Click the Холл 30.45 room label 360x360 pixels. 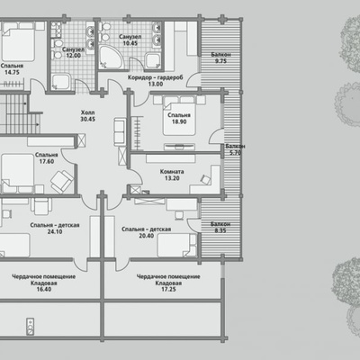click(87, 116)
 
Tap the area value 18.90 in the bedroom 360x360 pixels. click(179, 121)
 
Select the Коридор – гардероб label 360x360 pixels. click(156, 77)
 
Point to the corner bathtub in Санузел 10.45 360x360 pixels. click(110, 57)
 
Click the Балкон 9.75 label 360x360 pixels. click(220, 58)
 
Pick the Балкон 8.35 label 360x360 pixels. click(220, 228)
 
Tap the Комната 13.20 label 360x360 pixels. click(172, 175)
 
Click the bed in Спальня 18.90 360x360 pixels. click(179, 116)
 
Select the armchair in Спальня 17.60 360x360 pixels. click(62, 181)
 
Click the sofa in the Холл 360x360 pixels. click(120, 132)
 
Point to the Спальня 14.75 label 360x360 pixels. click(12, 69)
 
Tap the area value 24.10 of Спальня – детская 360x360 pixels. click(55, 231)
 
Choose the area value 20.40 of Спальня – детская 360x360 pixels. click(147, 236)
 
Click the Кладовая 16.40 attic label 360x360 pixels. click(44, 283)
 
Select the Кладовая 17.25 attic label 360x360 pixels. click(168, 283)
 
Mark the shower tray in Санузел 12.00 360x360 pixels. click(61, 82)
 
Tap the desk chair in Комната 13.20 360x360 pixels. click(205, 179)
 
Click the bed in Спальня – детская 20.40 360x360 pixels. click(176, 245)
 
